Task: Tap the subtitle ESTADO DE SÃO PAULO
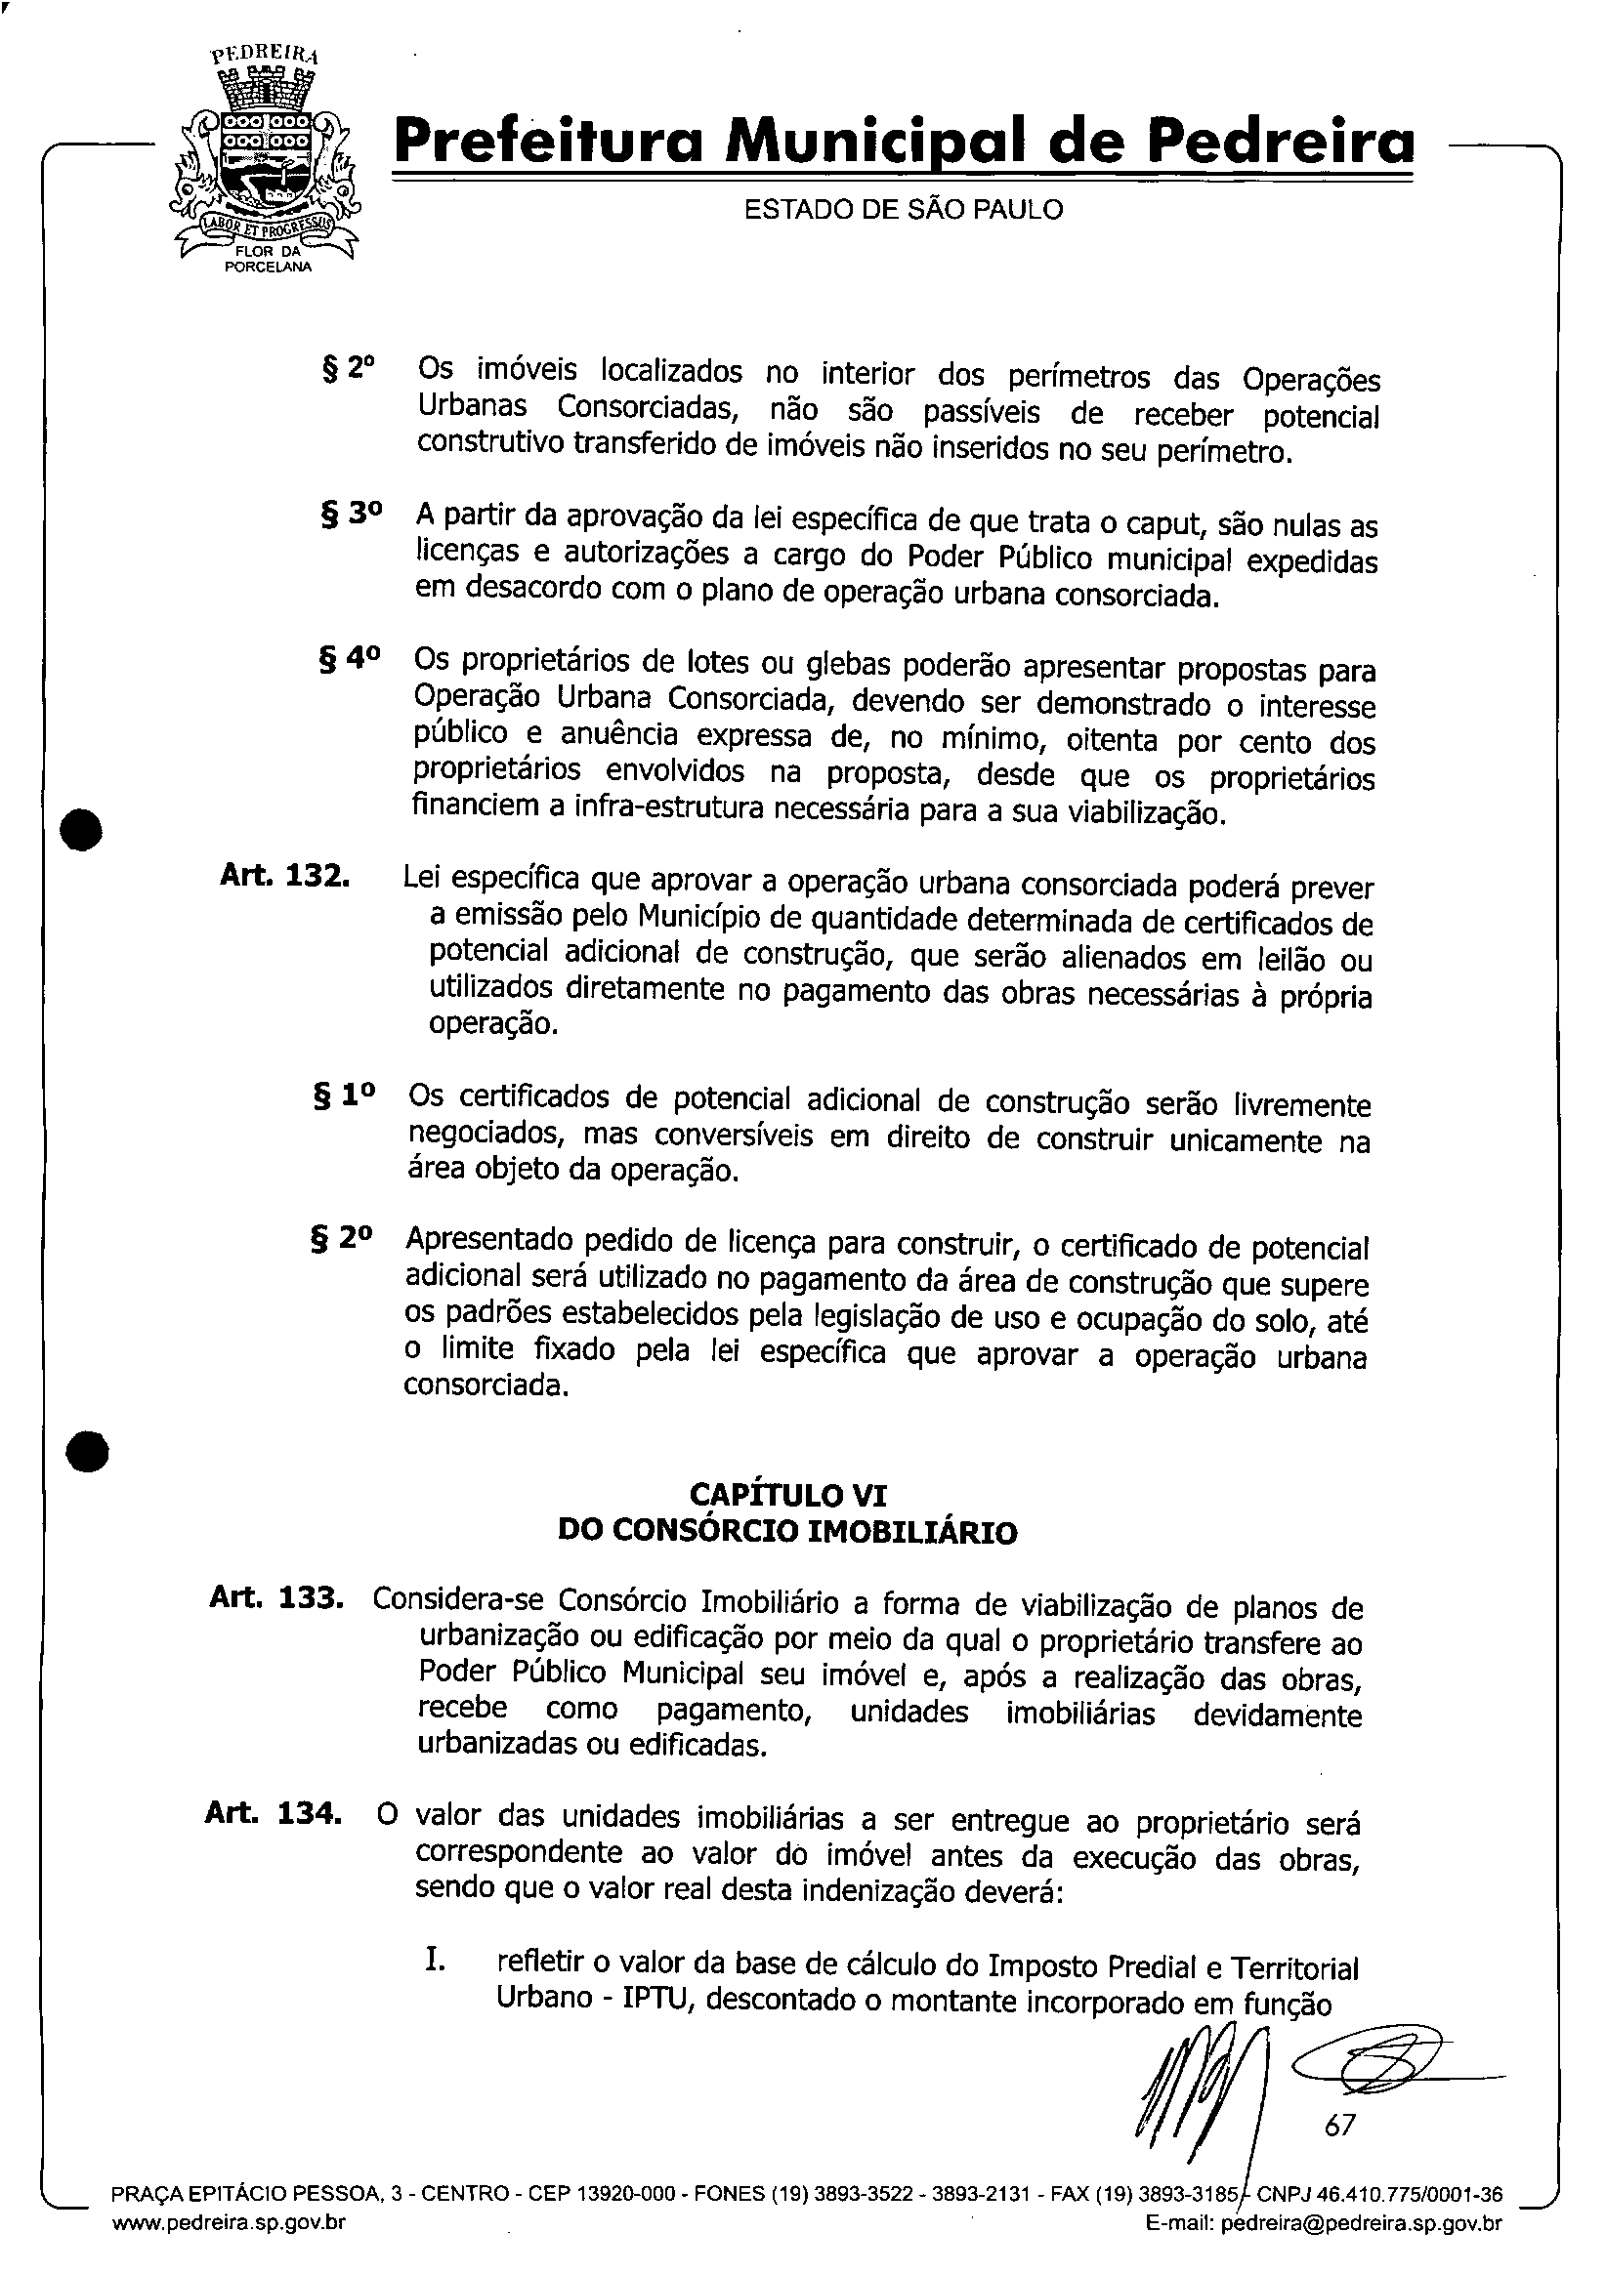tap(903, 210)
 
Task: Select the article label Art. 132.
tap(284, 877)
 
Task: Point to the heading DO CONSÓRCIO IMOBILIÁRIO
tap(787, 1532)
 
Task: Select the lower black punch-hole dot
tap(86, 1453)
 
